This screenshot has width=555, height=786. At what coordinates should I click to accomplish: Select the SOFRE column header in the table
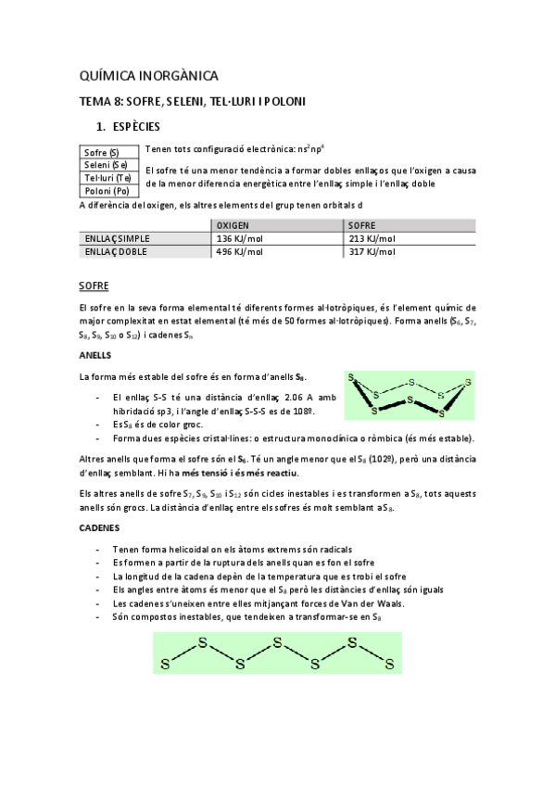(364, 225)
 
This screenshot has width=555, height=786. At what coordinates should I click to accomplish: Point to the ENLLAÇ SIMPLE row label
(117, 238)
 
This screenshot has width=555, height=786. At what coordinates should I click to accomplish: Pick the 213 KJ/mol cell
(372, 238)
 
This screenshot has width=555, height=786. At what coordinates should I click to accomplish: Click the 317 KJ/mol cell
(372, 251)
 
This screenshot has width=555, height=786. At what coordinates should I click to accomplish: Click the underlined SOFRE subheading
(94, 285)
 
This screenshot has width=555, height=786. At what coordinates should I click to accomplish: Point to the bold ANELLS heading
(95, 355)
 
